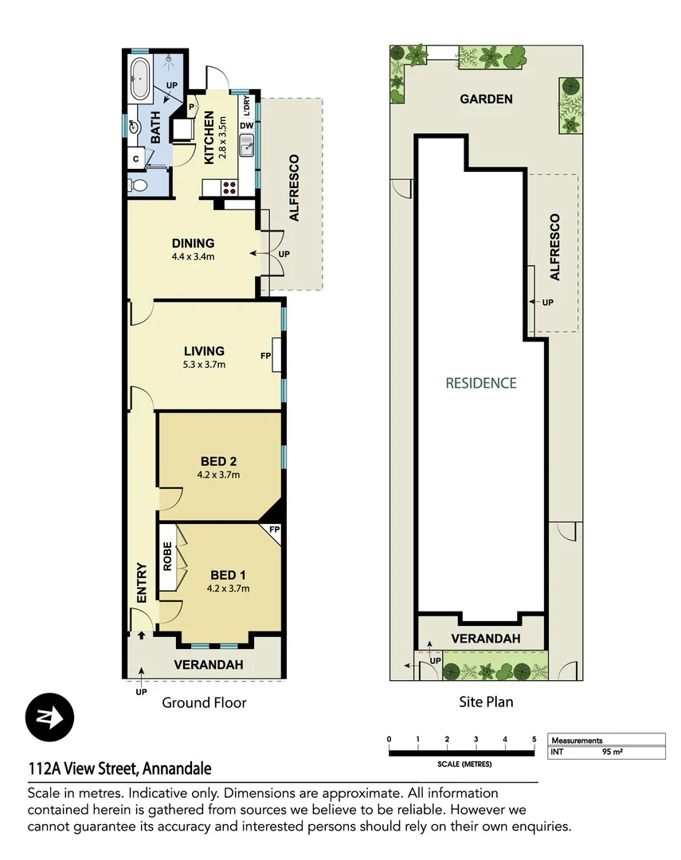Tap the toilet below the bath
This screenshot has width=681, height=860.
point(139,185)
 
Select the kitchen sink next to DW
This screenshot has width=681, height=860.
point(247,146)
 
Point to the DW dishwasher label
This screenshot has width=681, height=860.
point(246,126)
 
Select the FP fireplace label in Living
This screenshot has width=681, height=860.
point(265,356)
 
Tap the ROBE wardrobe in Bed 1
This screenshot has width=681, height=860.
point(167,557)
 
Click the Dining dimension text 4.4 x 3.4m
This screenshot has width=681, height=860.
point(194,257)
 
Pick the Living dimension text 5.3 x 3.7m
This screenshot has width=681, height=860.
point(204,365)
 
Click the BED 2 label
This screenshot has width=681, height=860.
point(218,461)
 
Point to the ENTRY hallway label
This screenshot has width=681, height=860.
point(142,582)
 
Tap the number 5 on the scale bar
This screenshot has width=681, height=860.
point(534,740)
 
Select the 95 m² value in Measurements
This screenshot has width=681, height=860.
point(613,752)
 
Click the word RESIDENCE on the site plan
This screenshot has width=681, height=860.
point(480,383)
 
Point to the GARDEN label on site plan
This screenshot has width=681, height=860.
point(486,100)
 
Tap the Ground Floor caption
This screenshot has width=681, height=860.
point(204,702)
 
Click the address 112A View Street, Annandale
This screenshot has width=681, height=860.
point(119,768)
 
